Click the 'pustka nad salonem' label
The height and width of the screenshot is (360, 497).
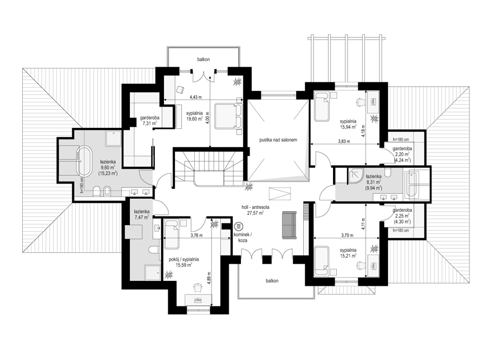(x=278, y=140)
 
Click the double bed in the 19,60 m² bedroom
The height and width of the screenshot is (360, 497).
(x=228, y=116)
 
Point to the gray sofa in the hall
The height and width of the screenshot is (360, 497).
(x=289, y=225)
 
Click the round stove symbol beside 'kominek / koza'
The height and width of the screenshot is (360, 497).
(x=238, y=227)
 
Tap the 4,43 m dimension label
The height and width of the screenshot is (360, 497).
(x=195, y=97)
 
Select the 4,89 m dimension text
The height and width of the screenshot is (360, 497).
(x=209, y=278)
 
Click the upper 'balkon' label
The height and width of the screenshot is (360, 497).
(x=203, y=59)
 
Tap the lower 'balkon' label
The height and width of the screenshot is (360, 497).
(x=272, y=281)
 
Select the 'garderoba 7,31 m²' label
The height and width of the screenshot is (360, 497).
(x=149, y=120)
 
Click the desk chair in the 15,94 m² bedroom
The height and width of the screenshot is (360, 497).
(x=360, y=101)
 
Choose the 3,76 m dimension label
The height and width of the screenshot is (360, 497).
(x=197, y=235)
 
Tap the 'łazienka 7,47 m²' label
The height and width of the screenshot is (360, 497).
(x=141, y=214)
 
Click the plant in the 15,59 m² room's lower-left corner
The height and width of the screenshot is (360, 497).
(x=169, y=273)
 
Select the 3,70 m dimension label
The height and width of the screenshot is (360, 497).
(x=347, y=235)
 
